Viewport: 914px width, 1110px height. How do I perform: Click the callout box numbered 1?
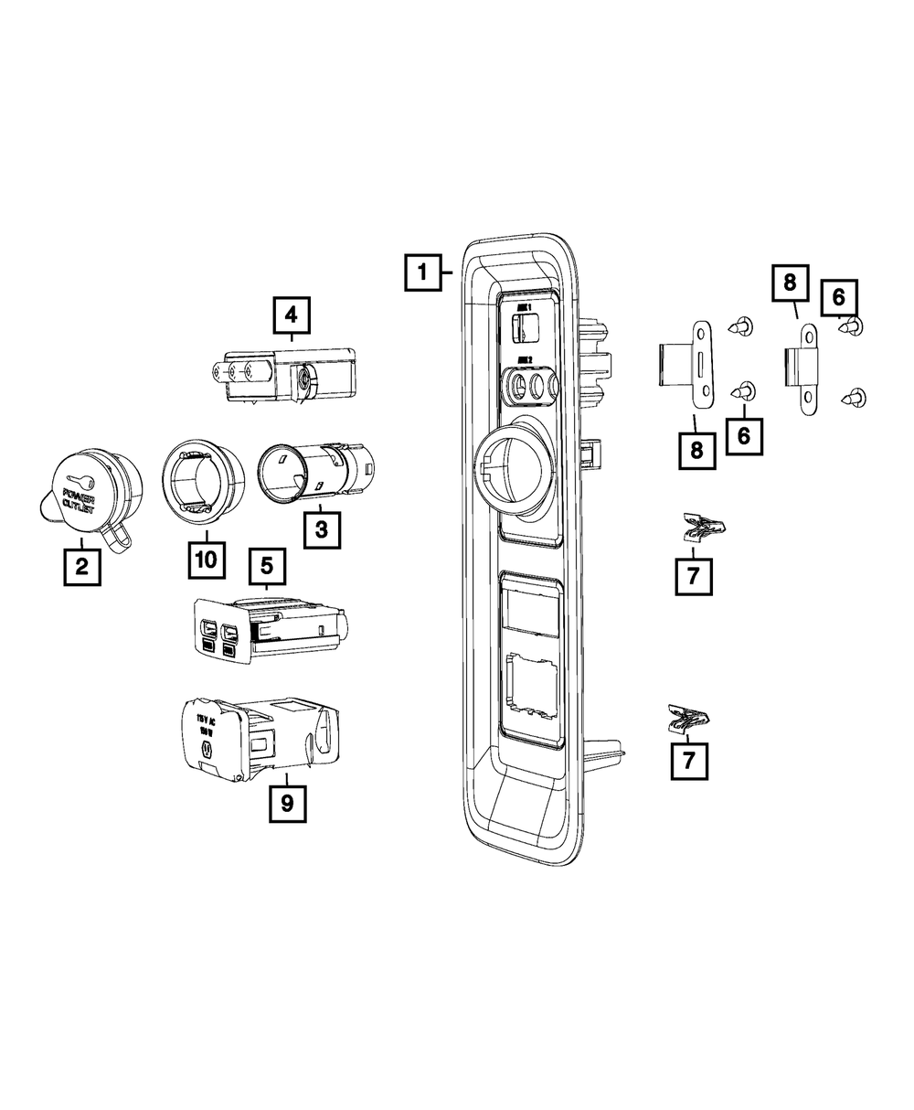click(x=422, y=272)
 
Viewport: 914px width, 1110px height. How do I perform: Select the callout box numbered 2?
click(x=81, y=567)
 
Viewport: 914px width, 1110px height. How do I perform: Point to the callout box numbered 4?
click(x=291, y=315)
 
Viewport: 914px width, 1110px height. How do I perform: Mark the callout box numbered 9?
click(x=287, y=804)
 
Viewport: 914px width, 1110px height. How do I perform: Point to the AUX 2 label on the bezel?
click(x=525, y=360)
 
